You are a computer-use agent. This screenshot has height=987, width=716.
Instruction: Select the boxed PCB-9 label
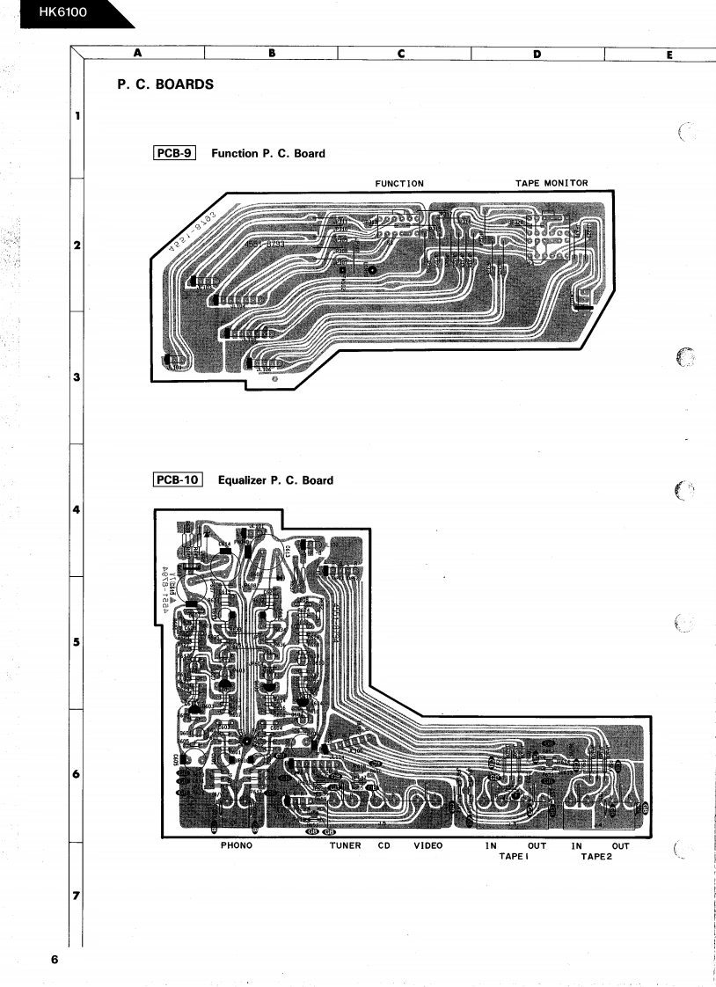pos(173,153)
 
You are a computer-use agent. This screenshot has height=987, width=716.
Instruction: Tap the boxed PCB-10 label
pos(179,480)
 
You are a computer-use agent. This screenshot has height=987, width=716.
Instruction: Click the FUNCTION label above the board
pos(399,184)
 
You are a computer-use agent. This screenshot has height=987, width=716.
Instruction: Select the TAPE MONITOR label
pos(552,183)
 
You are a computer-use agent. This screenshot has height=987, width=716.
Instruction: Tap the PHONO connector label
pos(236,845)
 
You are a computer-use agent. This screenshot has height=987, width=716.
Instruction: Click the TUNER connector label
pos(345,845)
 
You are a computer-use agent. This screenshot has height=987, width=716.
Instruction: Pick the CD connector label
pos(384,845)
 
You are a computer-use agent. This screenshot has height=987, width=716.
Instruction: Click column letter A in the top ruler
pos(137,53)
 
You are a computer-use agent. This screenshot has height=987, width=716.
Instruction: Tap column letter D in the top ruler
pos(537,53)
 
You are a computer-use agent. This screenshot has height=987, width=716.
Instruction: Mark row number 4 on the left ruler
pos(76,510)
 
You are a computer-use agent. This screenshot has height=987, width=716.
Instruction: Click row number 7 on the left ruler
pos(76,896)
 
